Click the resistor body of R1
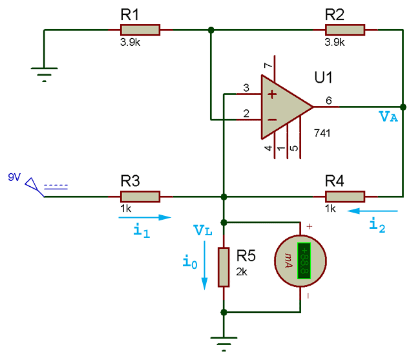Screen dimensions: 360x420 point(140,30)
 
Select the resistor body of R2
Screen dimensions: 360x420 point(345,30)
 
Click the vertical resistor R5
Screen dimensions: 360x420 point(224,267)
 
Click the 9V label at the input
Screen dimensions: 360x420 point(14,176)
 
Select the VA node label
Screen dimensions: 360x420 point(389,117)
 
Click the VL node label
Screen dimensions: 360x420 point(202,229)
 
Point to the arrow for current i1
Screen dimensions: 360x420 point(145,218)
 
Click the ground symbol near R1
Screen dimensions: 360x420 point(44,74)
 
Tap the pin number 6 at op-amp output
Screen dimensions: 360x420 point(329,100)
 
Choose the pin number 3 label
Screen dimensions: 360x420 point(246,88)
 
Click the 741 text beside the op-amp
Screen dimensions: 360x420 point(322,133)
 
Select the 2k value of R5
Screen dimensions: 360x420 point(243,272)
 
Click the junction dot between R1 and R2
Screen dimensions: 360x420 point(211,30)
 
